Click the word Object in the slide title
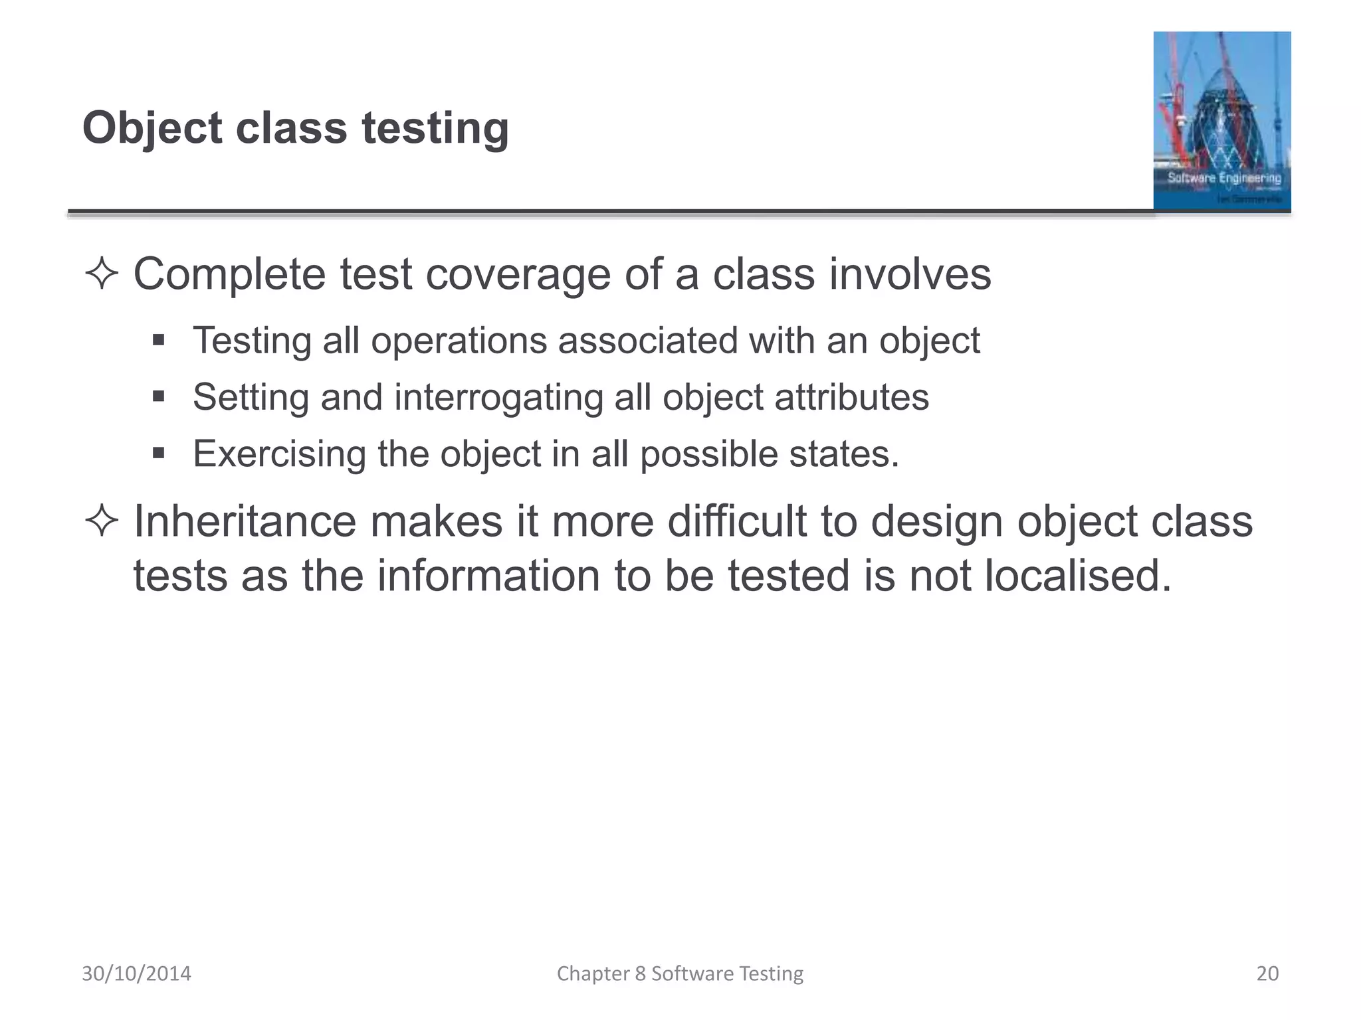coord(152,128)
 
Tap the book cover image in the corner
coord(1221,121)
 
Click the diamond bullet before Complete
coord(102,274)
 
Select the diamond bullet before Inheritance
coord(102,521)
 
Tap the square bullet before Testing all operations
coord(158,341)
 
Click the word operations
coord(458,341)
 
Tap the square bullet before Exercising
coord(158,454)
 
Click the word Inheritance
coord(245,521)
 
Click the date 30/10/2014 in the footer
coord(136,974)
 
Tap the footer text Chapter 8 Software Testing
coord(680,974)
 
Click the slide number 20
coord(1267,974)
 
